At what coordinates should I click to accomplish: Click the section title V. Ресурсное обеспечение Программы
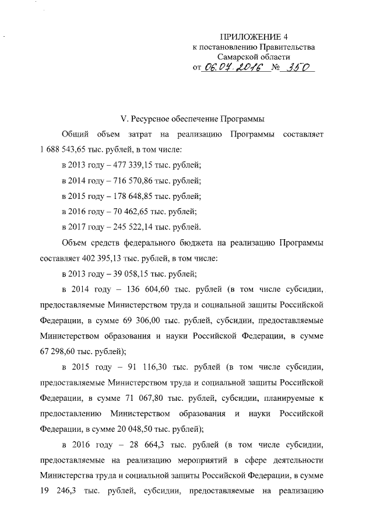click(192, 119)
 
